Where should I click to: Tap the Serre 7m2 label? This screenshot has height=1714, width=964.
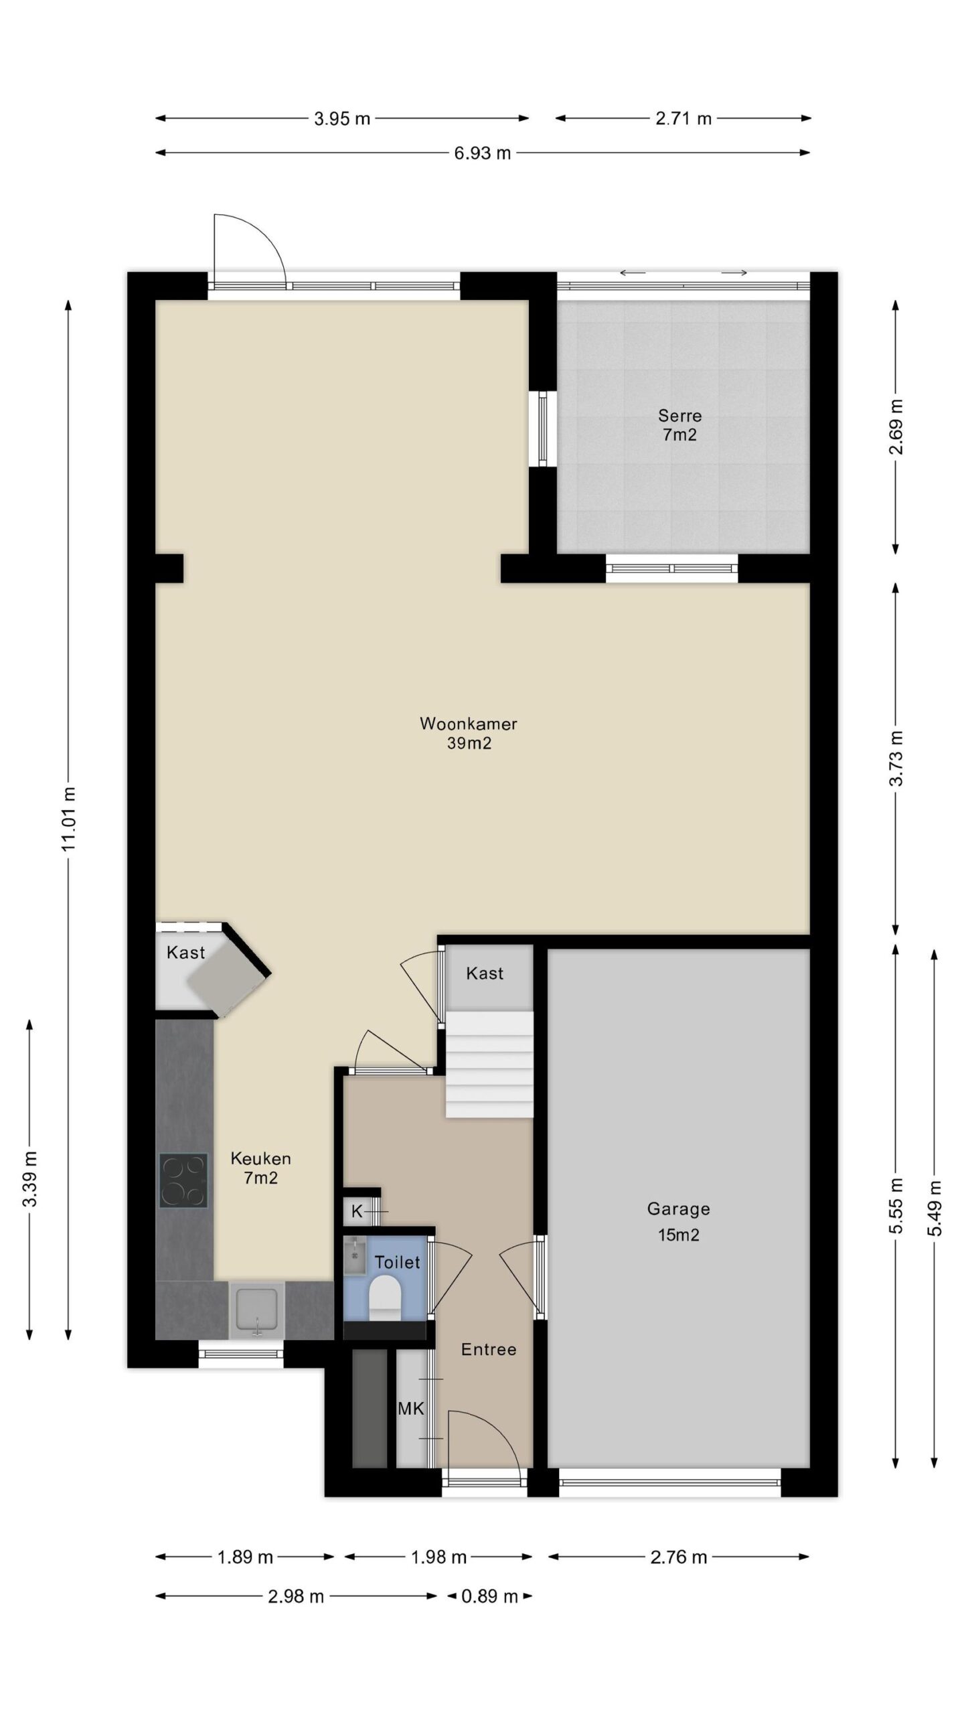679,425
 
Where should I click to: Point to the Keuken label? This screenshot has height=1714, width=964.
260,1158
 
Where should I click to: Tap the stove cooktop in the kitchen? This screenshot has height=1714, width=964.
183,1180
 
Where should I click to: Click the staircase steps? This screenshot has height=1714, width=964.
489,1064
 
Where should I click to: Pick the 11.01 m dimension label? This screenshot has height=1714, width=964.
68,820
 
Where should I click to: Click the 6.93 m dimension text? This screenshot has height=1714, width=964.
482,153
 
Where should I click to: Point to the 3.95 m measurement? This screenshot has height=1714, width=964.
342,119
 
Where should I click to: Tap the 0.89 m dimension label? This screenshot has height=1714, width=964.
490,1597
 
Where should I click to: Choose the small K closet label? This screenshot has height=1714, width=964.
357,1211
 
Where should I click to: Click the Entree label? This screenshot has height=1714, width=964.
489,1349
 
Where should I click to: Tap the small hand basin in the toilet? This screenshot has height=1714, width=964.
354,1255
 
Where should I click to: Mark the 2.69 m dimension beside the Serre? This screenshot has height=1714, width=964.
896,426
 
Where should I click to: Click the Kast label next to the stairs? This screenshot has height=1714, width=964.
485,973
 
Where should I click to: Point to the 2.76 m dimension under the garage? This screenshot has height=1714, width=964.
678,1557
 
